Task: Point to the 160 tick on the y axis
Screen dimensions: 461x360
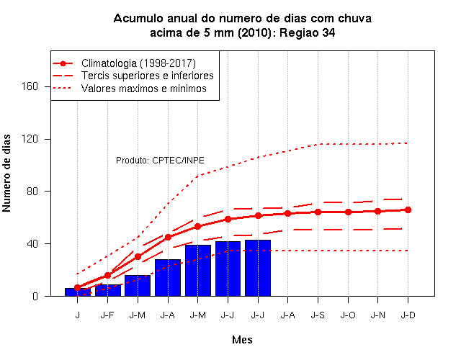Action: coord(30,86)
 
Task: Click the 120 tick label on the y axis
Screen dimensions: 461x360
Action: coord(30,139)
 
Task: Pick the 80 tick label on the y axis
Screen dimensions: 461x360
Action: coord(32,191)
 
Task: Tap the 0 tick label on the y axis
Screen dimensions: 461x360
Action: coord(35,296)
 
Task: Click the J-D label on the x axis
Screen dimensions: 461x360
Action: coord(408,315)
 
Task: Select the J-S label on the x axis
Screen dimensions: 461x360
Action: coord(318,315)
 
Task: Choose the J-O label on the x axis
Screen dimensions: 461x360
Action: coord(348,315)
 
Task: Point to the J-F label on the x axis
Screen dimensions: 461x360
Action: coord(107,315)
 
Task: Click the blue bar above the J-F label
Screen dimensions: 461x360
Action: coord(107,290)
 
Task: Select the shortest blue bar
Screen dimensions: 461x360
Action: coord(78,292)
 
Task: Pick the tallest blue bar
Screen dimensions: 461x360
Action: coord(258,268)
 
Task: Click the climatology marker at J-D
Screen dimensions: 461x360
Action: coord(408,210)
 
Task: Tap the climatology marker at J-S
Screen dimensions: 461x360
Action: coord(318,212)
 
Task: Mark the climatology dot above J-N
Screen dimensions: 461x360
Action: coord(377,211)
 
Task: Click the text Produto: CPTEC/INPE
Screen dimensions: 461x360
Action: coord(160,160)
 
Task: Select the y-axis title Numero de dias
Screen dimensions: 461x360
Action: coord(6,173)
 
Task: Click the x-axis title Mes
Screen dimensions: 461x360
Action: coord(242,340)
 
